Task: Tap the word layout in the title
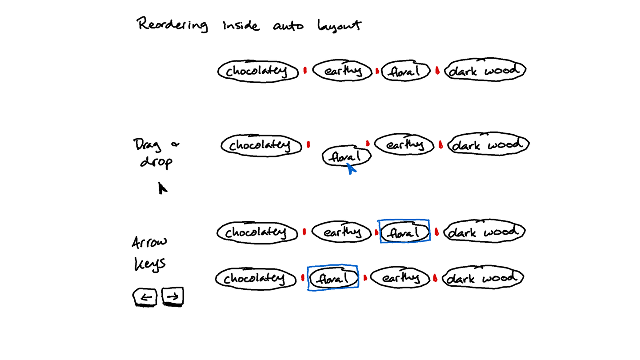(x=339, y=26)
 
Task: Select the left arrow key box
(x=145, y=297)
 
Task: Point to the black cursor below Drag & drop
(x=162, y=188)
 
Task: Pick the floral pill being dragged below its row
(x=347, y=156)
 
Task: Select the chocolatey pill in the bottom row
(x=256, y=279)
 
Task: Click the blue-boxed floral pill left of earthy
(x=333, y=279)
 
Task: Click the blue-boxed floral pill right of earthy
(x=404, y=232)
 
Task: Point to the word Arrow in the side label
(x=150, y=243)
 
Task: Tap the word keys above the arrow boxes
(x=150, y=264)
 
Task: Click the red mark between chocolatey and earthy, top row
(x=305, y=71)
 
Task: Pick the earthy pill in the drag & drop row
(x=404, y=144)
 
